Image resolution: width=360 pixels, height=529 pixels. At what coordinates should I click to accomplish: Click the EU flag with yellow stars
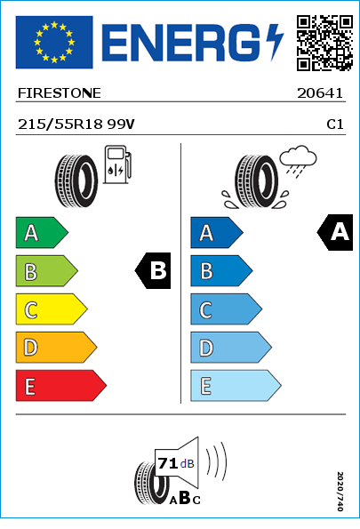point(54,42)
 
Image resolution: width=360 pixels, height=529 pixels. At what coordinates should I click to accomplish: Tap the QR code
point(324,43)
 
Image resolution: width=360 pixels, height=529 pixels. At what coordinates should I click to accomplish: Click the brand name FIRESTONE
point(60,93)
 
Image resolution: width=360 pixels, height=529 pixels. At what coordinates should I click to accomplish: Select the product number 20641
point(320,93)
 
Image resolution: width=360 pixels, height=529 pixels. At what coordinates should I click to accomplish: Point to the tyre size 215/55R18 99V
point(76,124)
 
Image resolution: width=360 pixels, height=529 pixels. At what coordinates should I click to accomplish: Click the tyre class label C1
point(335,124)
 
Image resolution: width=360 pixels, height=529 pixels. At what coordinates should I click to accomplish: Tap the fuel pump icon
point(117,164)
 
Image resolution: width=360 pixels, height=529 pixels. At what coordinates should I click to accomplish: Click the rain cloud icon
point(299,161)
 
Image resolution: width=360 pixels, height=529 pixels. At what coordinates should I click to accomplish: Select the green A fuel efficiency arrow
point(42,232)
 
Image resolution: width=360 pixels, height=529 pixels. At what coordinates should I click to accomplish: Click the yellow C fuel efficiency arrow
point(52,309)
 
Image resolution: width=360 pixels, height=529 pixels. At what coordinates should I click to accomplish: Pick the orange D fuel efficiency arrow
point(56,347)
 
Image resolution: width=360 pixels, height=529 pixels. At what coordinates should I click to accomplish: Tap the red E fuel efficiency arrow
point(60,386)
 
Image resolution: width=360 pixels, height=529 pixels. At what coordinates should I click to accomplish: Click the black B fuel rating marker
point(153,270)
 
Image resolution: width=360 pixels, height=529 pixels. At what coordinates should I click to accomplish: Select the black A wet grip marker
point(335,232)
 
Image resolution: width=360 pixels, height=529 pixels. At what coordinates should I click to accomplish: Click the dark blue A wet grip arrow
point(217,232)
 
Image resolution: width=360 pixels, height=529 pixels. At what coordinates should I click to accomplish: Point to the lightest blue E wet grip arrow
point(236,386)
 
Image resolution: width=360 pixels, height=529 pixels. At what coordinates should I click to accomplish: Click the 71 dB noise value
point(176,463)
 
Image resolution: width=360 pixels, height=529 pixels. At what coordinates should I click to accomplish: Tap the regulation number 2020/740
point(340,491)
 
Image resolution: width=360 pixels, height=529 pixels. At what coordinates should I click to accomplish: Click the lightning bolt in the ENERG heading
point(275,42)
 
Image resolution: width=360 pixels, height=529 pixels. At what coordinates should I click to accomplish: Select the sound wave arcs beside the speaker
point(216,461)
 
